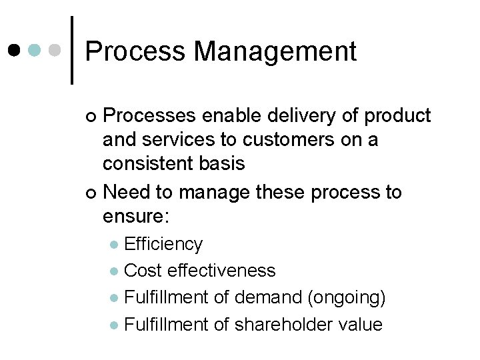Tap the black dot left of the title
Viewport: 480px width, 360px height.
pos(15,50)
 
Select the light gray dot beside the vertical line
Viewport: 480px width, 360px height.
pos(57,50)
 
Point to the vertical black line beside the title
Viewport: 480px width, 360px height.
pos(72,50)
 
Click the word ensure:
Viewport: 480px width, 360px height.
pos(137,216)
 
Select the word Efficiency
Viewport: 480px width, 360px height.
pos(163,245)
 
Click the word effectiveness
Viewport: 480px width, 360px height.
pos(221,271)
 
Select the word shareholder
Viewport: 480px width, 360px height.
pos(268,325)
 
